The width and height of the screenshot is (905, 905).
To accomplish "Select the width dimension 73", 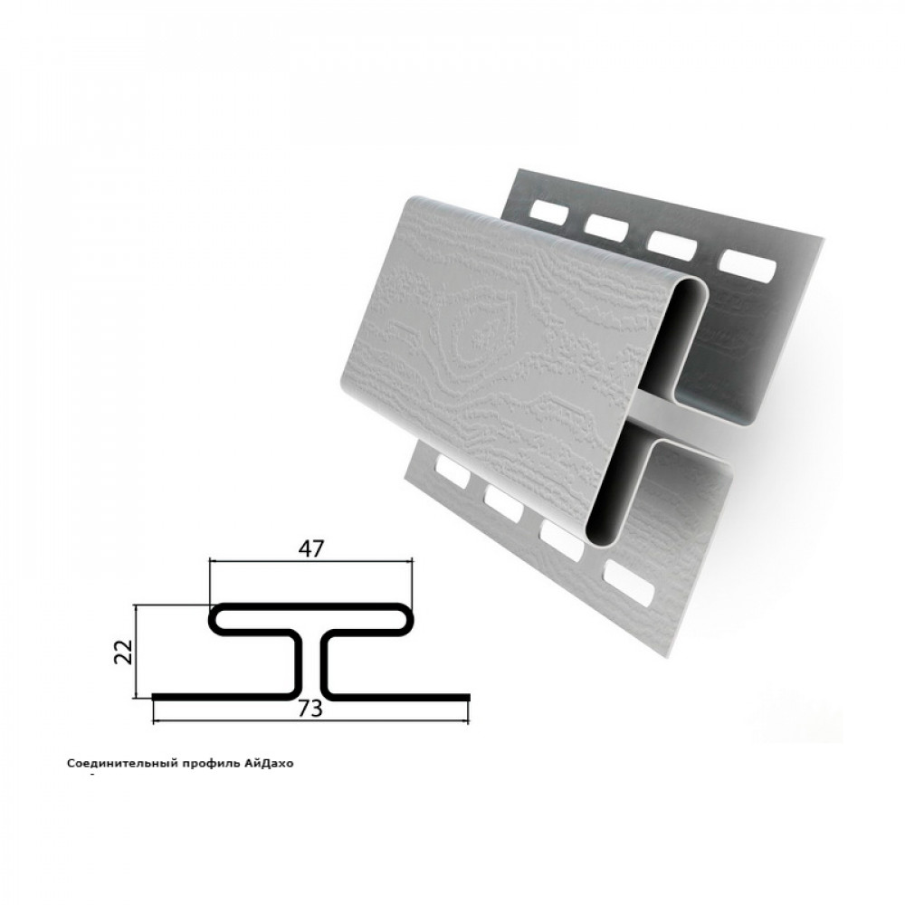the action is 310,709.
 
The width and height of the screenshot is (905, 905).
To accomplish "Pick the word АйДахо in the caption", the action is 270,764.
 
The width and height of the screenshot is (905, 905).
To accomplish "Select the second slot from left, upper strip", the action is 606,227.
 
